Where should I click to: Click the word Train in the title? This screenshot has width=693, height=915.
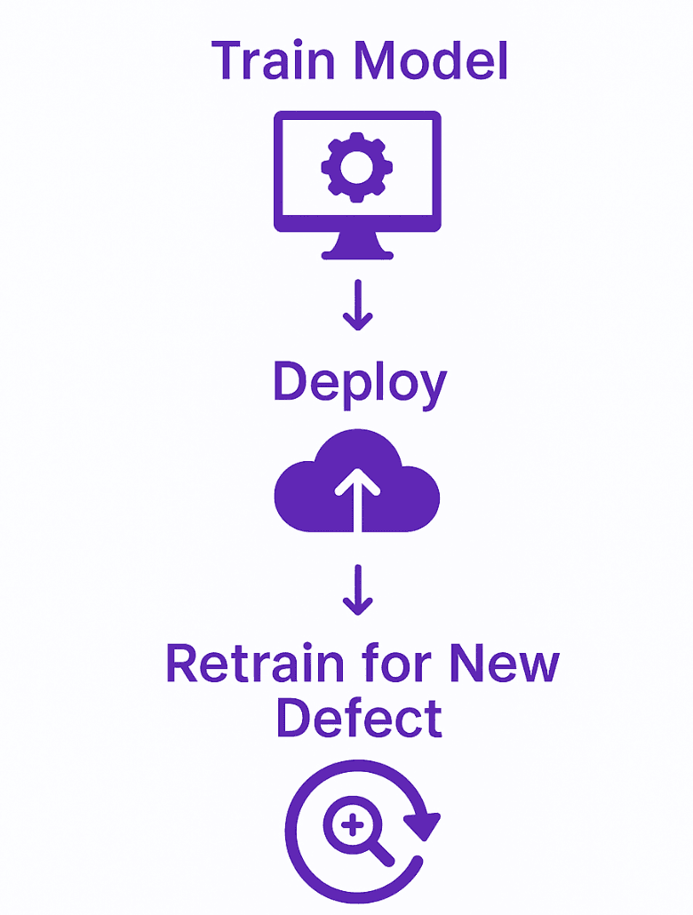[275, 60]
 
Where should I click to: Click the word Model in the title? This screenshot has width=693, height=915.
[432, 60]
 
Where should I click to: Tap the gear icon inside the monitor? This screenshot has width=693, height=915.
[355, 166]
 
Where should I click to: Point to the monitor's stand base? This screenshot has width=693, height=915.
[356, 253]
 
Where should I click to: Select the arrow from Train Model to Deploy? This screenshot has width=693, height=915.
[357, 306]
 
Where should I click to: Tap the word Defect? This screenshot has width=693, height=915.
[359, 718]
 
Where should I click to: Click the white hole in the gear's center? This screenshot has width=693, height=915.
[355, 166]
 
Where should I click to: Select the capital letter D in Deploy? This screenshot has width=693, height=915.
[289, 382]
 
